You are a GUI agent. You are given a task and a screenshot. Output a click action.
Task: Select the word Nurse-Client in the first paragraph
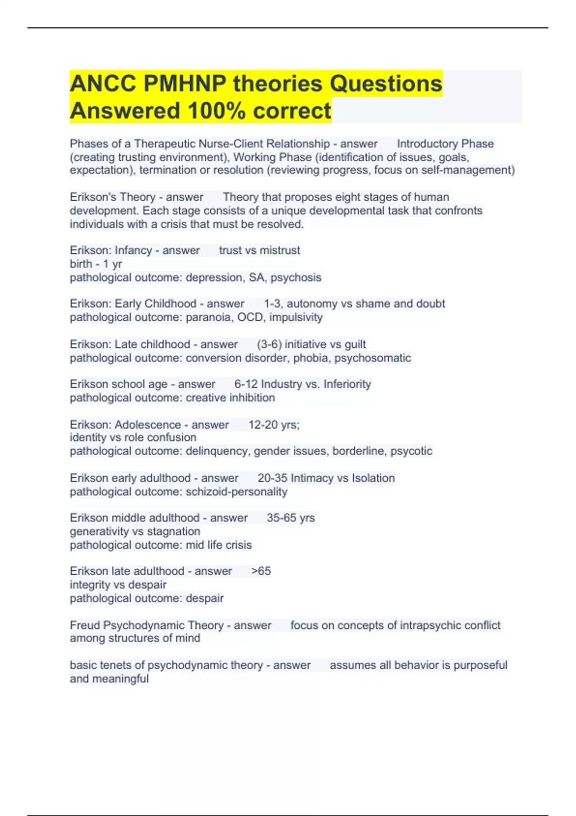[232, 144]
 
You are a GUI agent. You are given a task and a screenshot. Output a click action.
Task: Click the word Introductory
[426, 144]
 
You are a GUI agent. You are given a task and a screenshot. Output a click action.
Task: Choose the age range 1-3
[272, 303]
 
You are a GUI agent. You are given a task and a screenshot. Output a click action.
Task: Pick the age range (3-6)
[269, 344]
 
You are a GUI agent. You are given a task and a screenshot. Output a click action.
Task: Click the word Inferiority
[347, 384]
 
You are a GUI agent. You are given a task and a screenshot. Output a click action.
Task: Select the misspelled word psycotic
[411, 451]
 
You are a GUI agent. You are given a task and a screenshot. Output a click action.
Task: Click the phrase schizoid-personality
[237, 492]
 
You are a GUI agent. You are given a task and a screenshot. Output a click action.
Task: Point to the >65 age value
[261, 571]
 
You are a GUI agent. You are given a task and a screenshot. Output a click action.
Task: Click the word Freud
[85, 625]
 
